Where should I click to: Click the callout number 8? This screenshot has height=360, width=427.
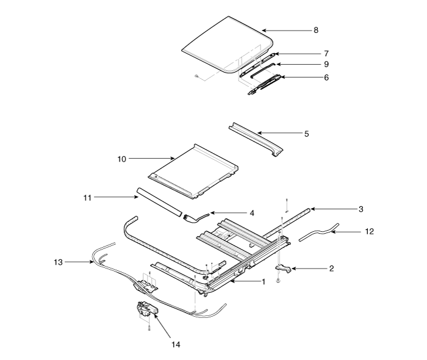point(315,29)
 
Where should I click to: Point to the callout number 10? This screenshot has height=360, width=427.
point(121,159)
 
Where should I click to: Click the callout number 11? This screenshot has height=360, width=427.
point(87,197)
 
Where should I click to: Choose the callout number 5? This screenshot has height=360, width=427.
point(306,132)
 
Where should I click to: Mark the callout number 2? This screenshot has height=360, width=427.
point(331,268)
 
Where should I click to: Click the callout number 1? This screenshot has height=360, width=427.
point(264,283)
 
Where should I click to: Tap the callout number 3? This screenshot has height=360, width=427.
point(361,209)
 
